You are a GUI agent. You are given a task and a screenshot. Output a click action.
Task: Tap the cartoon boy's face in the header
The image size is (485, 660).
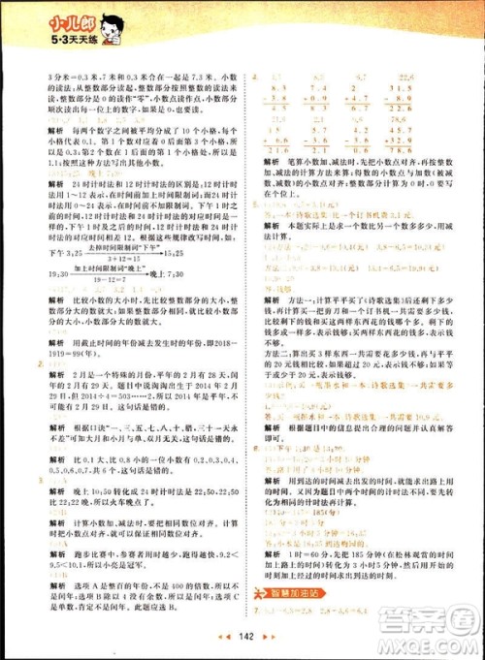coord(94,21)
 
